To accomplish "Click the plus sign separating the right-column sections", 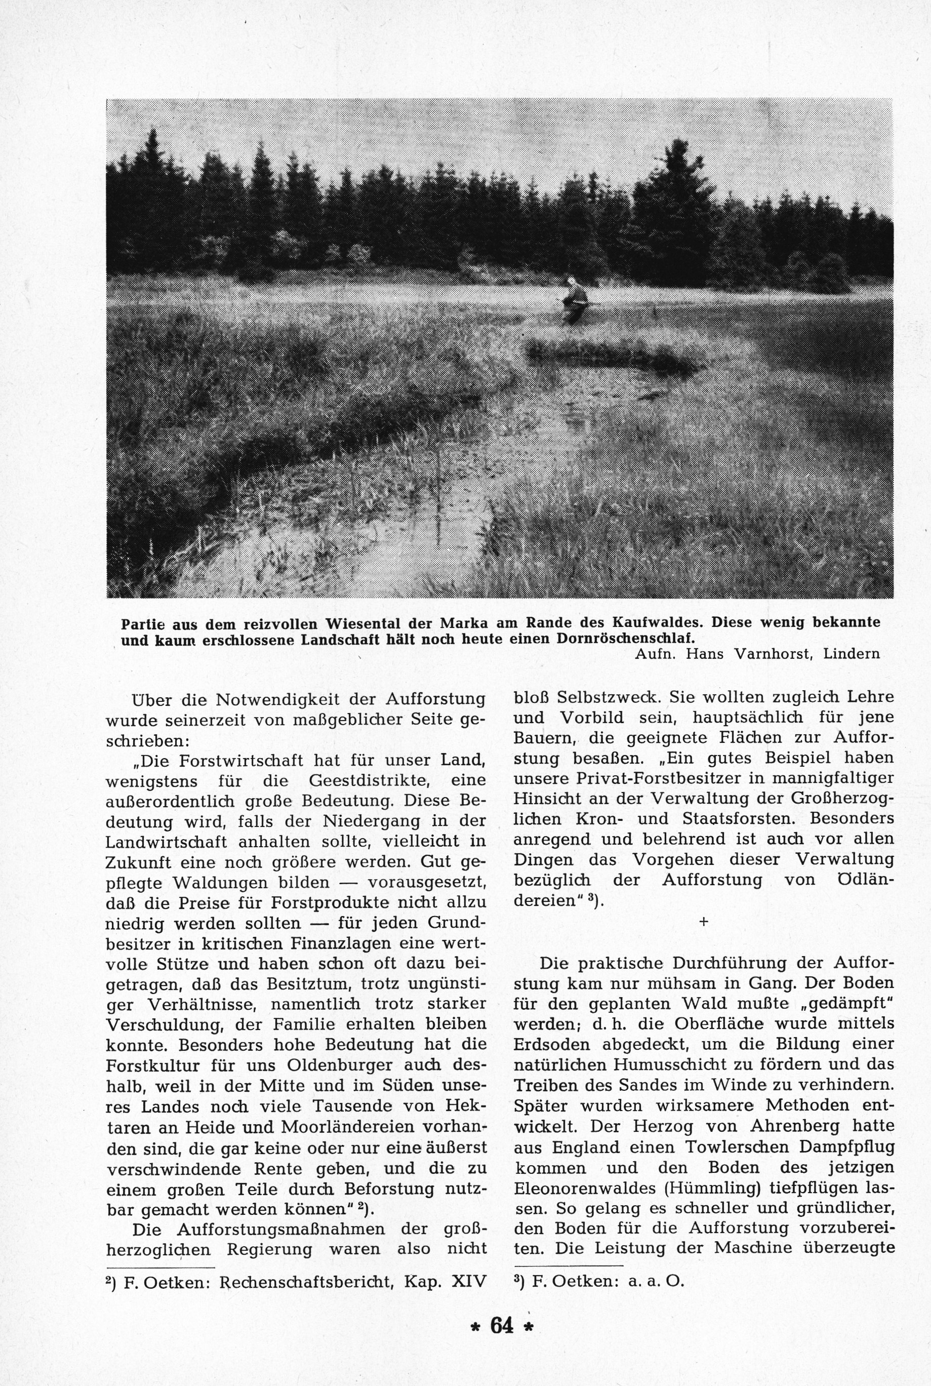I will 704,922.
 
